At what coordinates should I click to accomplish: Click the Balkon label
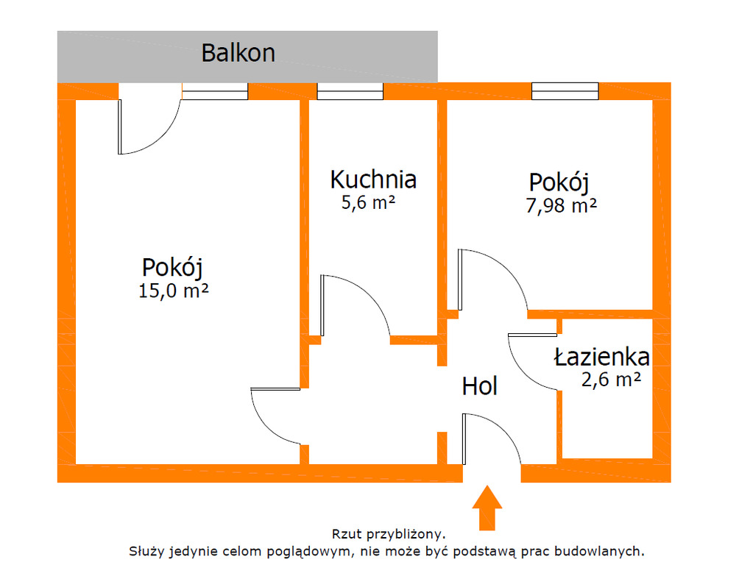[x=238, y=53]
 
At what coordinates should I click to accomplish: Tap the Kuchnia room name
[x=373, y=179]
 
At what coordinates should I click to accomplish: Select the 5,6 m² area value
[x=369, y=203]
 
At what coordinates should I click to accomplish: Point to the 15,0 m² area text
[x=174, y=290]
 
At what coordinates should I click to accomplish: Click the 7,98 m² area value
[x=561, y=205]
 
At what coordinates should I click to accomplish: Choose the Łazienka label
[x=601, y=358]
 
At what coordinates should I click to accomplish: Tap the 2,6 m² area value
[x=610, y=380]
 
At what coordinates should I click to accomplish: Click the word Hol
[x=480, y=385]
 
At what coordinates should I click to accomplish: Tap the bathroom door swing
[x=531, y=360]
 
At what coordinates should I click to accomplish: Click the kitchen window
[x=350, y=91]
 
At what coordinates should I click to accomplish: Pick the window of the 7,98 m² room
[x=565, y=91]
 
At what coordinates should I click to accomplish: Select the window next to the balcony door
[x=215, y=91]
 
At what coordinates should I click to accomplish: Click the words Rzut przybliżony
[x=389, y=533]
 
